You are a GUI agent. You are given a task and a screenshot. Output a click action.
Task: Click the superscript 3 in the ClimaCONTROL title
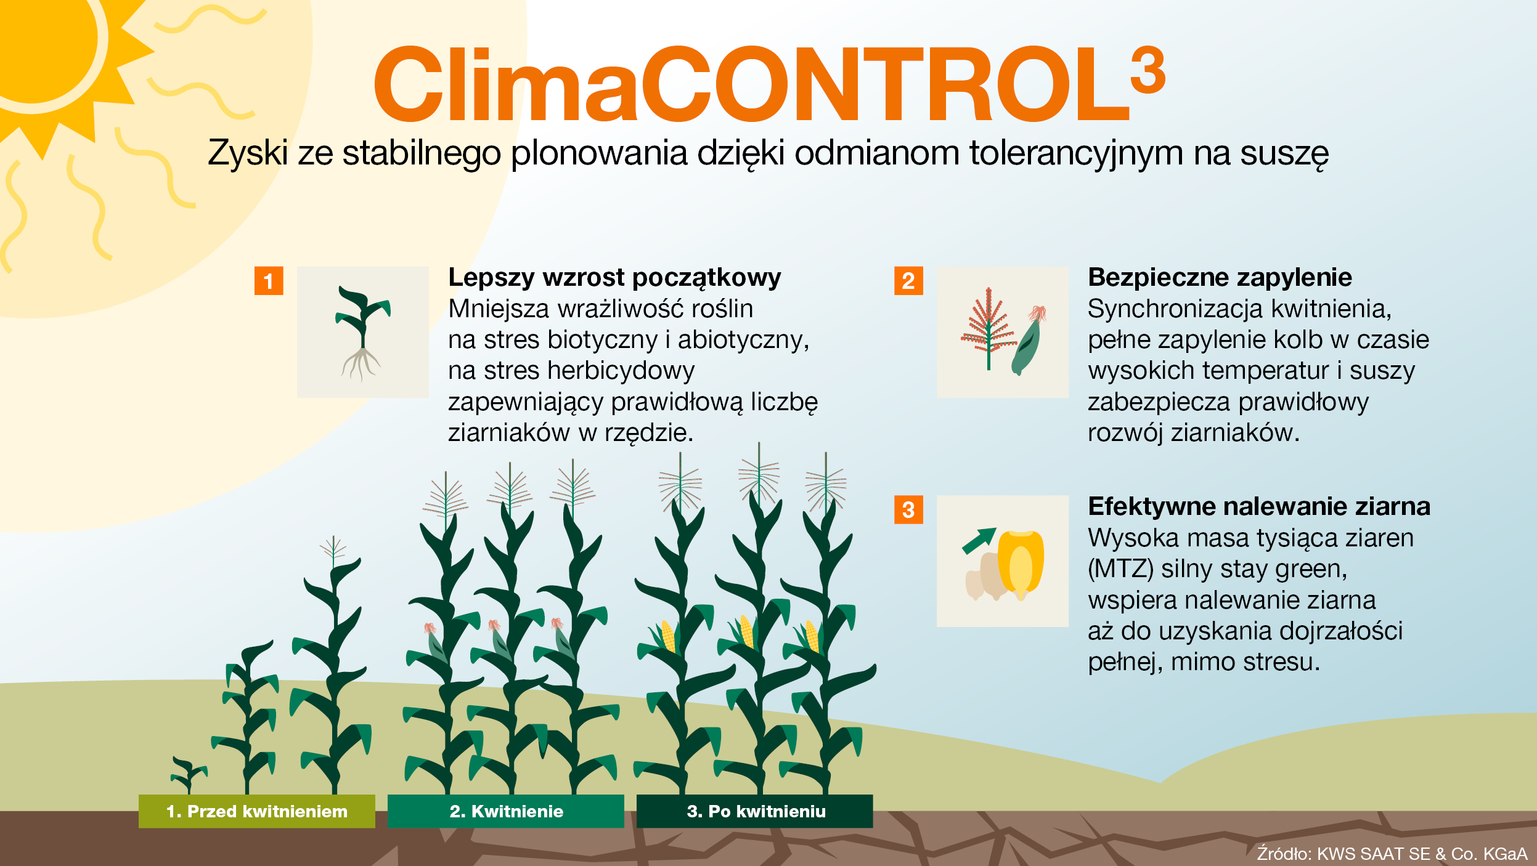click(1148, 70)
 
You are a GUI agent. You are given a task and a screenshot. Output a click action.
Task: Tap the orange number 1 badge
click(269, 281)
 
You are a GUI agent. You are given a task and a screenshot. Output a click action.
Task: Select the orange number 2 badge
click(908, 281)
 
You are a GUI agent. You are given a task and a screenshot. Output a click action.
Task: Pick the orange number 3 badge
click(908, 510)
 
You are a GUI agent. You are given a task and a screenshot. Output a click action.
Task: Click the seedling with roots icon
click(362, 333)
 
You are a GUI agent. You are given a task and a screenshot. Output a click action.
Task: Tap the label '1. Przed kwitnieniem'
click(257, 811)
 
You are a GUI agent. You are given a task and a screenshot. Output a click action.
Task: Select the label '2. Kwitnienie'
click(506, 811)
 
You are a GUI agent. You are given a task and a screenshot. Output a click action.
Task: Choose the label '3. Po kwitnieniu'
click(756, 811)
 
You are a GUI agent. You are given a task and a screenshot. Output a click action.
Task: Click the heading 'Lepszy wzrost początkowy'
click(614, 278)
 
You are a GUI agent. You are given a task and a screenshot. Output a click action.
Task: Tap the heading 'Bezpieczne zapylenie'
click(1220, 278)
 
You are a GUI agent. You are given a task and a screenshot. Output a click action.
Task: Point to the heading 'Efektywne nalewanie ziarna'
click(1258, 507)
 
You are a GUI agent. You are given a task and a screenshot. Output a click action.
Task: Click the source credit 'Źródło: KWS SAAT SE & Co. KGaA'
click(1392, 854)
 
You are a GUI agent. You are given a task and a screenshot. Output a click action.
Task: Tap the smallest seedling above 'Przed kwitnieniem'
click(188, 774)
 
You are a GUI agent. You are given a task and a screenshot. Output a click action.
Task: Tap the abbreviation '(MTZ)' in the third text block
click(1120, 569)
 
